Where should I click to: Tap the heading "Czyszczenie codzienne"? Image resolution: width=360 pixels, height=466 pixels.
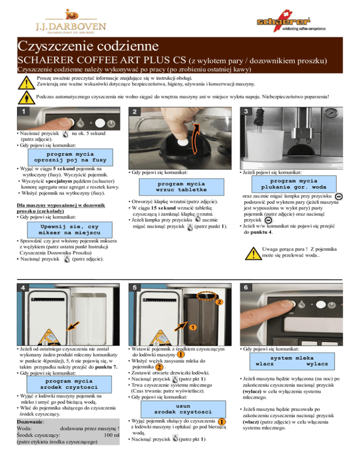(x=88, y=46)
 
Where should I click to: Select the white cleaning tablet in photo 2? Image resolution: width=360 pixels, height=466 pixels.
(x=183, y=142)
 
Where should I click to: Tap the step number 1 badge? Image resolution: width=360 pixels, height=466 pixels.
(x=23, y=112)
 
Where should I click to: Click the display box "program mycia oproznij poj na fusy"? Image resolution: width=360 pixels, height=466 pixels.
(x=70, y=157)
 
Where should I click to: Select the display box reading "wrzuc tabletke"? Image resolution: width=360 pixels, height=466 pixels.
(x=181, y=187)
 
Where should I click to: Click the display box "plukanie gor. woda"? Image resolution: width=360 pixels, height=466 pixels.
(x=294, y=184)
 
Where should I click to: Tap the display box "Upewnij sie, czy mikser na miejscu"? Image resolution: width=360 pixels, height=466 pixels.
(x=70, y=230)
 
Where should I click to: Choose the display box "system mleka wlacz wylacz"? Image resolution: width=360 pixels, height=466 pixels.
(x=292, y=361)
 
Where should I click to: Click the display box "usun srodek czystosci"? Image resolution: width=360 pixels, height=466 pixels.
(x=183, y=409)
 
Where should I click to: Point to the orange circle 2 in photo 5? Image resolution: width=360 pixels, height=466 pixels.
(x=219, y=302)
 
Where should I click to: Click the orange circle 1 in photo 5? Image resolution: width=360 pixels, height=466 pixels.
(x=193, y=327)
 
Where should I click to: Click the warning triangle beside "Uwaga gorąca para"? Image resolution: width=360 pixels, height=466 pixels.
(x=253, y=254)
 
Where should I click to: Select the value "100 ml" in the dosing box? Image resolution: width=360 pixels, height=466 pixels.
(x=112, y=435)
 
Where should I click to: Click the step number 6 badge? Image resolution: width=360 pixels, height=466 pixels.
(x=246, y=287)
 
